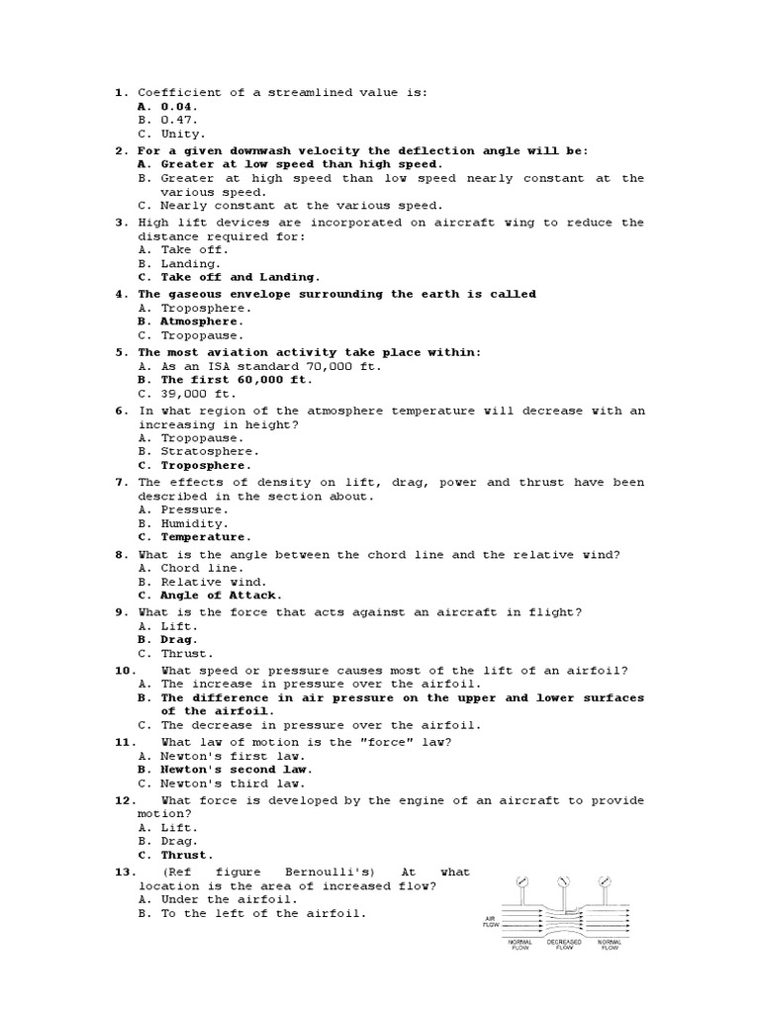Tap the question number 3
[x=119, y=223]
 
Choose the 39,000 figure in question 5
[x=184, y=394]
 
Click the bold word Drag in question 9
[x=177, y=639]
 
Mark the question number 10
[x=123, y=670]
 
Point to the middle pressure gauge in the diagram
[x=563, y=879]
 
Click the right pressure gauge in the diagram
[x=603, y=879]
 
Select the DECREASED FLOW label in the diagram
[x=563, y=945]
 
